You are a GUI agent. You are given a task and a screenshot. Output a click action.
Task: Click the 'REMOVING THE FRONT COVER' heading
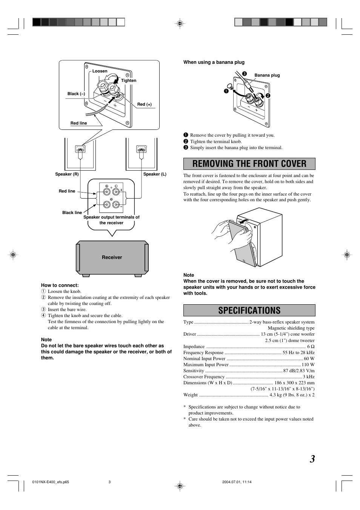[x=249, y=164]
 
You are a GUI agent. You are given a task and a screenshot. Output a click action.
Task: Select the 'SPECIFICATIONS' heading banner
[x=249, y=310]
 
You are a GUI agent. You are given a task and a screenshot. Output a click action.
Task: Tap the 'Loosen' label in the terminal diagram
[x=100, y=71]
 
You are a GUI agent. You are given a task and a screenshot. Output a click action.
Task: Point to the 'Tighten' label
[x=129, y=80]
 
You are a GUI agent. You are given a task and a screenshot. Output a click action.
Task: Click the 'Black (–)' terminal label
[x=76, y=94]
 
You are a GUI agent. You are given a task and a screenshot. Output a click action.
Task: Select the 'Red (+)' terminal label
[x=145, y=104]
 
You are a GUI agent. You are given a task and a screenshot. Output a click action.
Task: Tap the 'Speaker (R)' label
[x=67, y=174]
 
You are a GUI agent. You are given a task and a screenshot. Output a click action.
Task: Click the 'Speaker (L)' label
[x=155, y=174]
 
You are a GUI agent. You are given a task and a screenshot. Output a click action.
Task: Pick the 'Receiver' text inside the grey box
[x=112, y=257]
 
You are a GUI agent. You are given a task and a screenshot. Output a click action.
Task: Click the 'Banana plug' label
[x=267, y=75]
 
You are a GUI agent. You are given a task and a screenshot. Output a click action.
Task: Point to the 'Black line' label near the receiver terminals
[x=72, y=213]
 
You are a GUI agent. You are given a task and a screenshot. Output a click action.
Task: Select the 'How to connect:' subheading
[x=60, y=285]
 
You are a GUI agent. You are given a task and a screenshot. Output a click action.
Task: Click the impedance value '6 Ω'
[x=311, y=347]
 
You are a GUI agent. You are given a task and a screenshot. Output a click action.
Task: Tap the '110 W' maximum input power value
[x=308, y=365]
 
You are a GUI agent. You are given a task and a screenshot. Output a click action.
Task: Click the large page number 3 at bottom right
[x=312, y=459]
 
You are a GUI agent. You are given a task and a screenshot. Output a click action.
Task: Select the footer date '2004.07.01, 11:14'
[x=237, y=482]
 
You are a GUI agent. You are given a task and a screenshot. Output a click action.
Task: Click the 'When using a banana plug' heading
[x=214, y=62]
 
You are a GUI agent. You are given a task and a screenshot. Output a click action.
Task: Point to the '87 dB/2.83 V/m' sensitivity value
[x=299, y=371]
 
